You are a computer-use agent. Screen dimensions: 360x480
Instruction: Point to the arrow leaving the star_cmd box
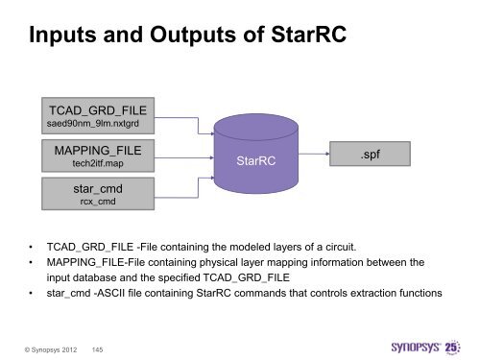182,182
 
